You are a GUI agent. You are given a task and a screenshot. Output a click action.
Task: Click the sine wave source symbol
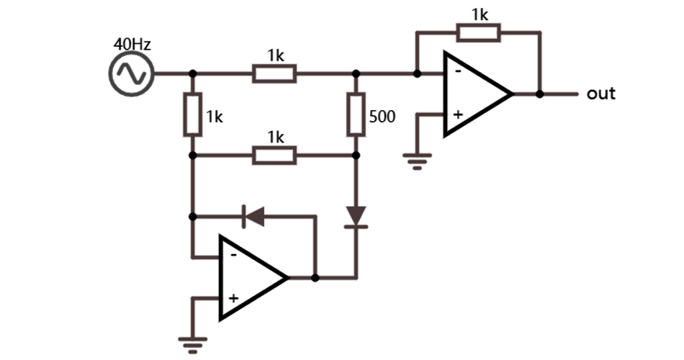132,73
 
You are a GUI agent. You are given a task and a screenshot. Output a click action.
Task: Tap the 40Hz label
132,45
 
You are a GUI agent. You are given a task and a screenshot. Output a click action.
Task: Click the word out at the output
601,94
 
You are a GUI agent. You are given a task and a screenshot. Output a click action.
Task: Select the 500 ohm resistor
356,114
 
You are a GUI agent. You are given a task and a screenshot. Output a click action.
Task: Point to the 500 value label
382,117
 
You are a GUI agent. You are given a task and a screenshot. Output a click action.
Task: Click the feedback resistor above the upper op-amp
478,32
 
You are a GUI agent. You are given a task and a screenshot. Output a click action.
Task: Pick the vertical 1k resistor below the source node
192,114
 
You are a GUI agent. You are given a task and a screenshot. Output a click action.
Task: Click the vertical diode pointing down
356,215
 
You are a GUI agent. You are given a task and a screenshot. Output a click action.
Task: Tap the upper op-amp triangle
475,94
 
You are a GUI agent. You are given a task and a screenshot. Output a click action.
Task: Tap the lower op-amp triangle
251,277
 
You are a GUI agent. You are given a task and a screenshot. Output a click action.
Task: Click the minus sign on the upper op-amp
456,72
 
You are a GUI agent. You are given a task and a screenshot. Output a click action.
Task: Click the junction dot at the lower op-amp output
315,277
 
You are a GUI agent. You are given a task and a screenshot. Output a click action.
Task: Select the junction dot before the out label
539,94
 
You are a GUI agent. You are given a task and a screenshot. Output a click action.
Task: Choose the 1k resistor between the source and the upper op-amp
274,73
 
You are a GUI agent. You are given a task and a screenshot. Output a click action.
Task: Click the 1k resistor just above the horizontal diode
274,155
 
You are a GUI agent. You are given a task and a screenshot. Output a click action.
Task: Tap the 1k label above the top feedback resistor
480,14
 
